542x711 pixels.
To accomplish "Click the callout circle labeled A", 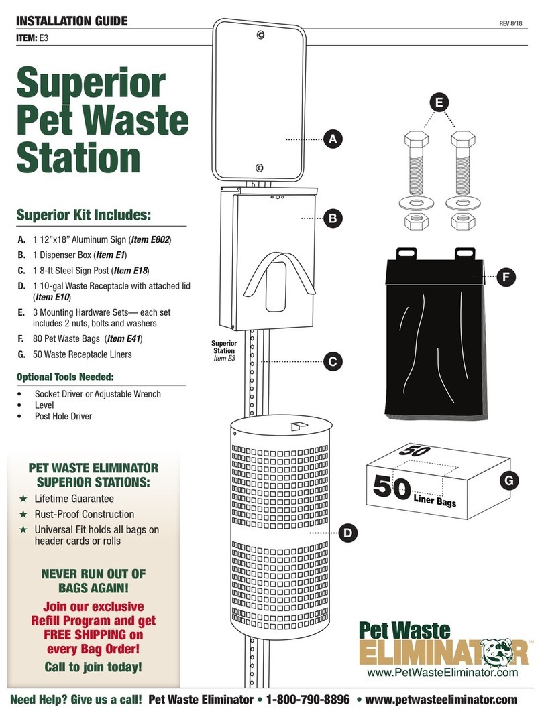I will (x=331, y=139).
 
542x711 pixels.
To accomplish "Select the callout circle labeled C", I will (x=331, y=362).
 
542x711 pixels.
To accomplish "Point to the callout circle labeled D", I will (x=347, y=533).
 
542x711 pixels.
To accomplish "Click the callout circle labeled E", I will (x=439, y=102).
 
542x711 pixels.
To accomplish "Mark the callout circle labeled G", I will (x=509, y=480).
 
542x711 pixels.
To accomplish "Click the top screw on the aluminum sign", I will (x=260, y=34).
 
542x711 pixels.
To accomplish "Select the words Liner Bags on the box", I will (x=435, y=499).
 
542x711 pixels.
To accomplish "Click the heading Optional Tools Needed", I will (x=65, y=377).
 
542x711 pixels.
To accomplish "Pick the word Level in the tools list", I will (x=45, y=405).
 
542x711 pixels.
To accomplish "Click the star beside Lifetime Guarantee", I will (x=23, y=499).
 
